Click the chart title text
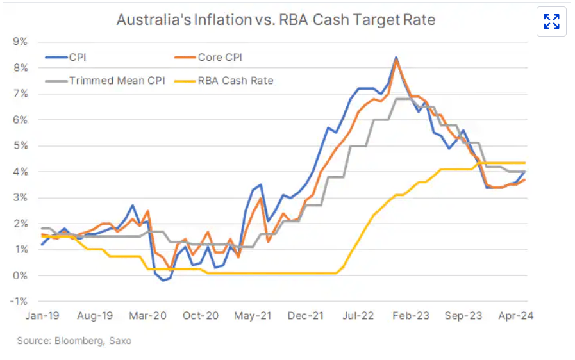click(276, 20)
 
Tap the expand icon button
click(551, 22)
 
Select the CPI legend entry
click(77, 58)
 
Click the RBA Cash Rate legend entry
click(235, 81)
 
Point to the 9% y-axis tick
click(20, 42)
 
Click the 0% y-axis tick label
click(20, 275)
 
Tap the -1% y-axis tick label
click(19, 302)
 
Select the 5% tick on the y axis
click(20, 145)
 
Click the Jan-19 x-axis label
click(43, 316)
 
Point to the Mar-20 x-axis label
click(148, 316)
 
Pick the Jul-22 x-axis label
click(358, 316)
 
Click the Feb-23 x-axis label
click(412, 316)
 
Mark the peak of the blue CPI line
click(396, 58)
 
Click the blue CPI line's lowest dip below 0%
click(163, 281)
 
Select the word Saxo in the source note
click(120, 341)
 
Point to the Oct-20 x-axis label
click(201, 316)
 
